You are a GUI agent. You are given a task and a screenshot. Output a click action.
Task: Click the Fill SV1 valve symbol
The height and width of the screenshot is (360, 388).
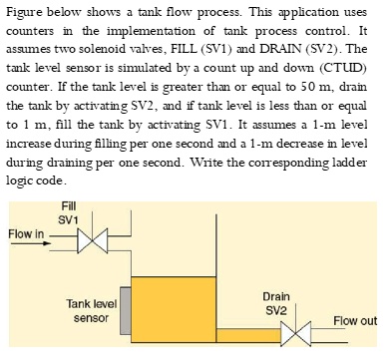pos(92,238)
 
